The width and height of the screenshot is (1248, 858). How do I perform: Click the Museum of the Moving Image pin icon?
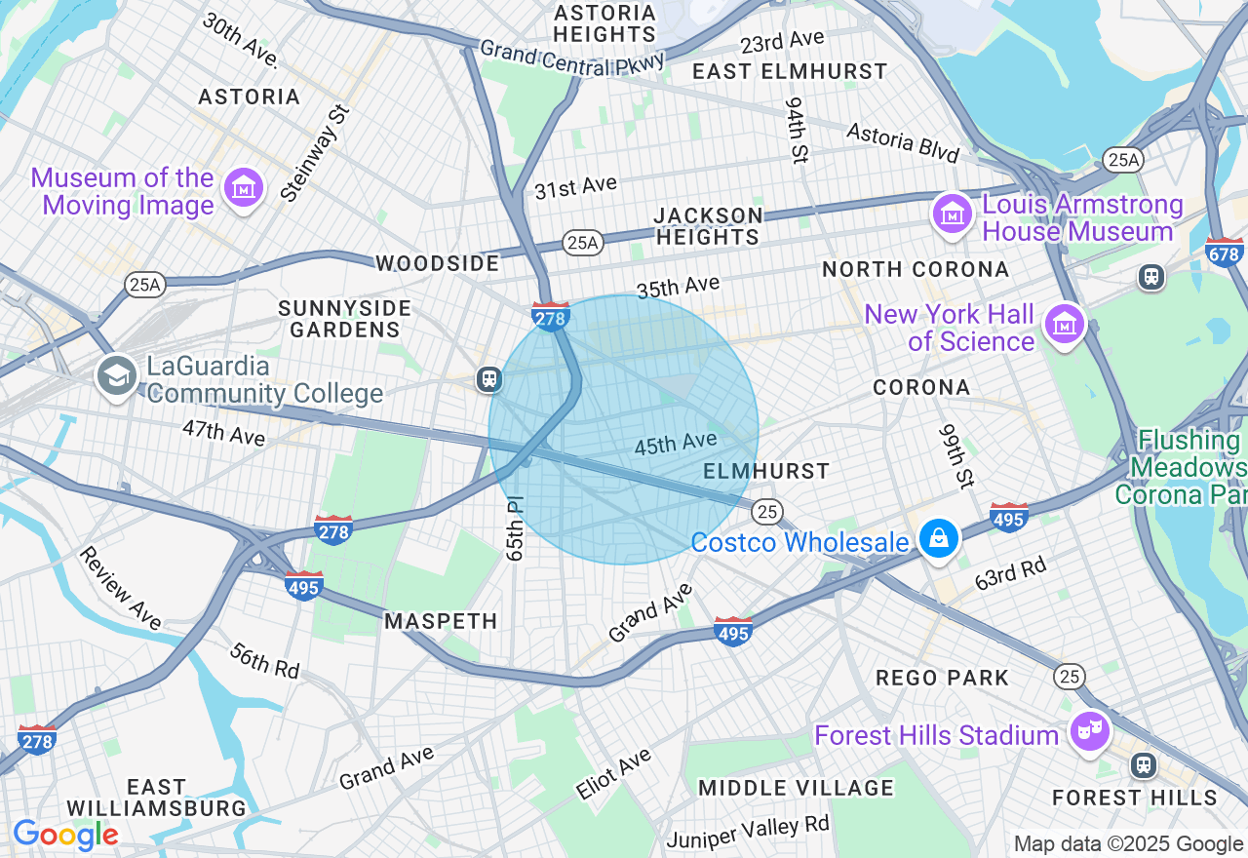[x=243, y=186]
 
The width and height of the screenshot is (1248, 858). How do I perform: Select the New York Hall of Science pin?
[x=1064, y=323]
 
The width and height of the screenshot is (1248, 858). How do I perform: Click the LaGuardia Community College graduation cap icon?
[x=117, y=376]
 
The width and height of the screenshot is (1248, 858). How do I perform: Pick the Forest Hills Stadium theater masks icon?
[x=1088, y=729]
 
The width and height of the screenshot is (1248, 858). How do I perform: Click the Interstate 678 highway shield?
[x=1225, y=252]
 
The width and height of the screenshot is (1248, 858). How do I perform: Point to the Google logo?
[x=65, y=836]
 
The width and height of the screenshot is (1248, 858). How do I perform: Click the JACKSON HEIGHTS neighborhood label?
[x=708, y=226]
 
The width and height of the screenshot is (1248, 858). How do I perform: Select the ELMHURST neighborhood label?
[x=766, y=472]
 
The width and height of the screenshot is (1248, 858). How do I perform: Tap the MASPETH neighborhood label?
[x=441, y=621]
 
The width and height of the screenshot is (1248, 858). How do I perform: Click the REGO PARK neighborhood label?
[x=942, y=678]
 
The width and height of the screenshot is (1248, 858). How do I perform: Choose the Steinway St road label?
[x=314, y=153]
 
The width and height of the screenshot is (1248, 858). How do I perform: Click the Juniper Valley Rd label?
[x=748, y=831]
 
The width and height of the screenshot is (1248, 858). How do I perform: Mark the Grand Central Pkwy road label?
[x=571, y=58]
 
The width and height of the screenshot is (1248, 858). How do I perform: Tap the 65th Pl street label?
[x=515, y=528]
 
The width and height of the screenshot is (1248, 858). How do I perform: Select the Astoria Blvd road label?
[x=903, y=142]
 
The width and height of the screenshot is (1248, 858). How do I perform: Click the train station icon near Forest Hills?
[x=1143, y=765]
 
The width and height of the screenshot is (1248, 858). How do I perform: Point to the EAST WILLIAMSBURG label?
[x=157, y=798]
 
